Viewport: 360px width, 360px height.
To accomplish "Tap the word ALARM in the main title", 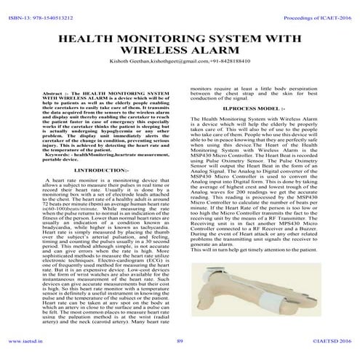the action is [x=215, y=52].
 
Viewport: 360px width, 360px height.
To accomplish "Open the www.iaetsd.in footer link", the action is [x=26, y=341].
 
